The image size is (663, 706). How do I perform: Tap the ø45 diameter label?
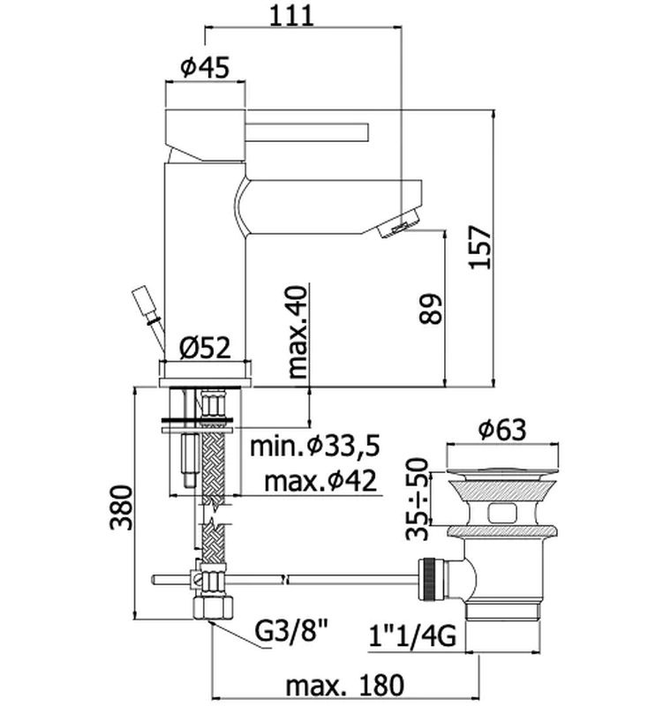[x=205, y=67]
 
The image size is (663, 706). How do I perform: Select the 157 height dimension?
[x=478, y=248]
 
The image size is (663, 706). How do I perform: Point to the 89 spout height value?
[x=431, y=309]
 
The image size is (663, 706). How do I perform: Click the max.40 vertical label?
[x=297, y=332]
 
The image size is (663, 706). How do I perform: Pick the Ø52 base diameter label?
[x=205, y=348]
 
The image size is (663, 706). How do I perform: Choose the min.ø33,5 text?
[x=315, y=446]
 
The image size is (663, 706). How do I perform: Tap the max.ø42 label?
[x=320, y=481]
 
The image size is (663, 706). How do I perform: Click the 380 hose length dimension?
[x=122, y=508]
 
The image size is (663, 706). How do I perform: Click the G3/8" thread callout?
[x=291, y=632]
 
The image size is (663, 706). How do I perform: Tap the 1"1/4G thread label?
[x=412, y=636]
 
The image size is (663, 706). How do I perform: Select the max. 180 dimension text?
[x=345, y=686]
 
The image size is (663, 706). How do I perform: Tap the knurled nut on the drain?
[x=431, y=580]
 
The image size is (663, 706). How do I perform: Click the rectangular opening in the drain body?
[x=502, y=512]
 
